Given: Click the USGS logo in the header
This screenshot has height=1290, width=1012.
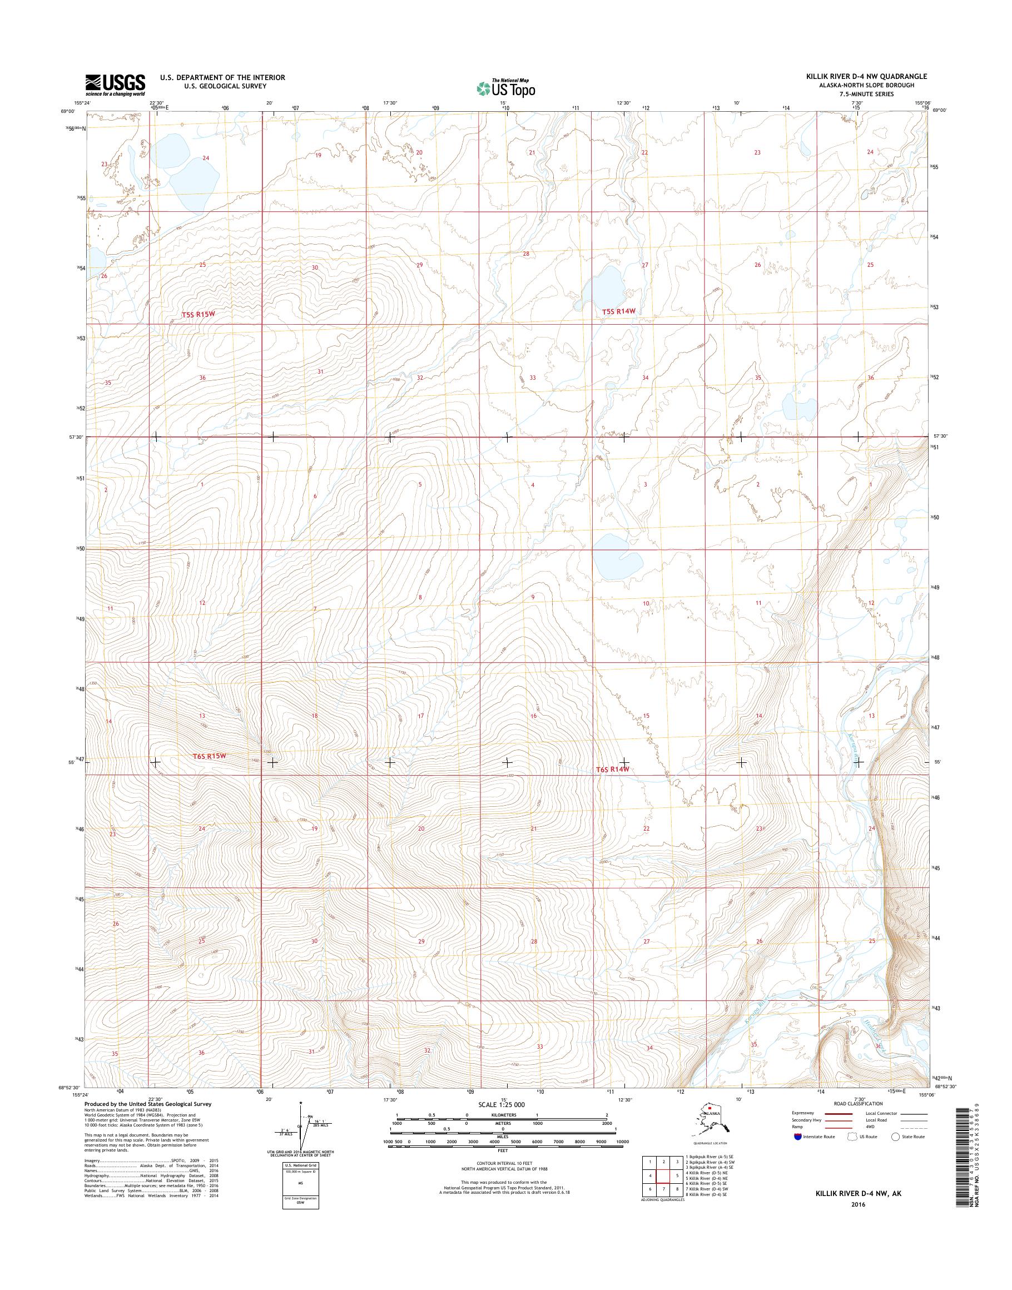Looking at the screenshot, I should (x=115, y=85).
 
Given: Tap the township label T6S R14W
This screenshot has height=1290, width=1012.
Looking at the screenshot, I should (x=611, y=769).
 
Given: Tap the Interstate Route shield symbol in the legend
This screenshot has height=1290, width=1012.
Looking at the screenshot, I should (x=798, y=1137).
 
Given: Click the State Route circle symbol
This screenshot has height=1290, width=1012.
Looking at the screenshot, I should (x=895, y=1137).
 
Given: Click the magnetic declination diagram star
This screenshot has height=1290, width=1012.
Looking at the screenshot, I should (x=301, y=1104).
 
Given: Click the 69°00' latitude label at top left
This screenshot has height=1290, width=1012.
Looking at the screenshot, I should (x=67, y=111).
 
